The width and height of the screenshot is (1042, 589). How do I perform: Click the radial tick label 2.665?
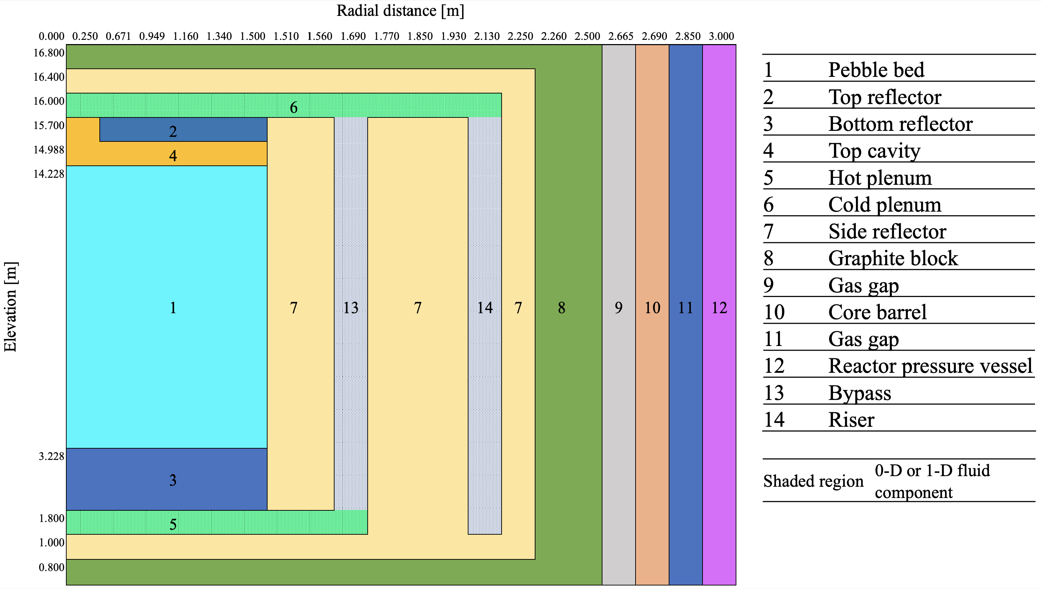pyautogui.click(x=620, y=36)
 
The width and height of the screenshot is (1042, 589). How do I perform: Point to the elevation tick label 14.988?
pyautogui.click(x=49, y=150)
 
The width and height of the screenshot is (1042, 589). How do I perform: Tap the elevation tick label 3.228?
pyautogui.click(x=51, y=457)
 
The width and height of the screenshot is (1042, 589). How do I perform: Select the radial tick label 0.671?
pyautogui.click(x=118, y=36)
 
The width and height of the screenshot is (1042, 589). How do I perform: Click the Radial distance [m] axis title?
pyautogui.click(x=400, y=11)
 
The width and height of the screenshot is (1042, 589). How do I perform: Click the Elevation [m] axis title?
pyautogui.click(x=10, y=307)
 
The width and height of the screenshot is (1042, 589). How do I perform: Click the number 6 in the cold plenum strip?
pyautogui.click(x=294, y=108)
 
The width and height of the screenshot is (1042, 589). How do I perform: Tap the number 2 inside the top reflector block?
pyautogui.click(x=173, y=132)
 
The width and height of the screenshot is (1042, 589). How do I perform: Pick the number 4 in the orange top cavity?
pyautogui.click(x=173, y=156)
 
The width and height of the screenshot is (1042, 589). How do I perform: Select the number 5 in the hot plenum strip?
pyautogui.click(x=173, y=525)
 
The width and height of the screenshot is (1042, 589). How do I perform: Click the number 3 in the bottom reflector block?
pyautogui.click(x=173, y=480)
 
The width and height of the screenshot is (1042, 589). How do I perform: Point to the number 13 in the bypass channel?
pyautogui.click(x=351, y=308)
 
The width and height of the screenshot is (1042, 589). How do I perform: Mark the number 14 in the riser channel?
pyautogui.click(x=485, y=308)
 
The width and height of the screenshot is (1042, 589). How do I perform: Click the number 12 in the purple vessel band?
pyautogui.click(x=719, y=308)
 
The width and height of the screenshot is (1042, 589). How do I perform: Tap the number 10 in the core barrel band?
pyautogui.click(x=652, y=308)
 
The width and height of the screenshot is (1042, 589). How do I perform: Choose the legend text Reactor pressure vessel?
pyautogui.click(x=930, y=366)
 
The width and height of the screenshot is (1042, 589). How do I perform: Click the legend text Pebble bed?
pyautogui.click(x=876, y=69)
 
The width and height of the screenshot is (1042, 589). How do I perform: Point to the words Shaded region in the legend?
pyautogui.click(x=813, y=481)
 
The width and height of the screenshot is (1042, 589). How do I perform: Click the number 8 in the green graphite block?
pyautogui.click(x=562, y=308)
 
